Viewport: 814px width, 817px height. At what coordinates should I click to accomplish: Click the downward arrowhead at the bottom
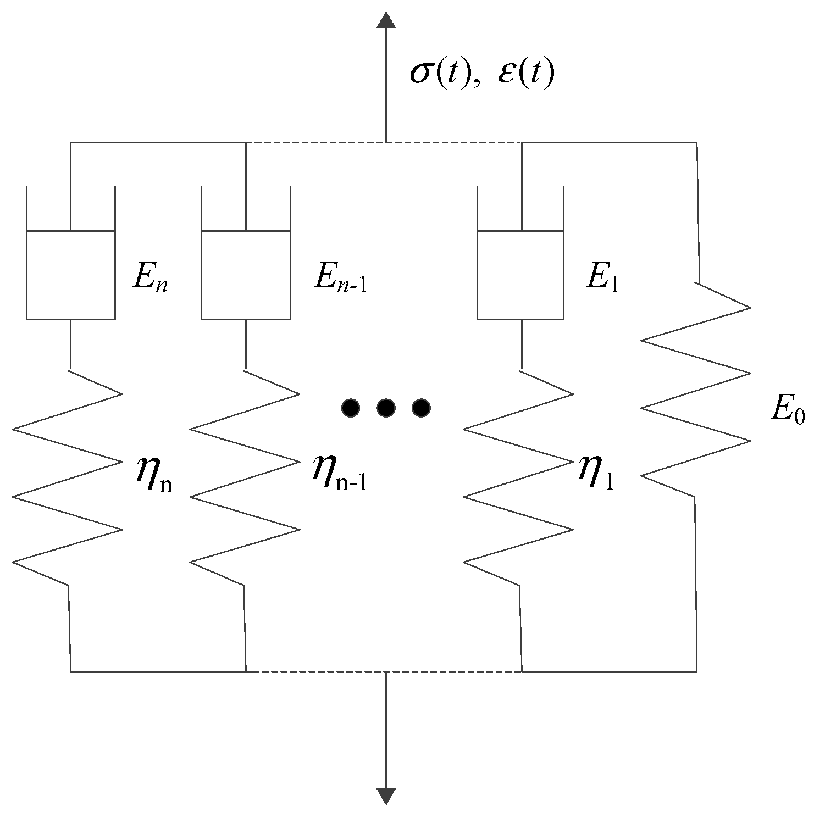[x=386, y=796]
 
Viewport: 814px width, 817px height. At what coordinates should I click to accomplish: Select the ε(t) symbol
[x=525, y=74]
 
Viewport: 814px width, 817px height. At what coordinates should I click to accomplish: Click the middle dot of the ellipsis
[x=386, y=407]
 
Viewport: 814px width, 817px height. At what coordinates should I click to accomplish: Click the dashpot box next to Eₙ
[x=70, y=275]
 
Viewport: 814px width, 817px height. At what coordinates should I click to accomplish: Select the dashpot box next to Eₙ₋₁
[x=246, y=275]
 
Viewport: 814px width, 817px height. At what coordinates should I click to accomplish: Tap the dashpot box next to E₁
[x=520, y=275]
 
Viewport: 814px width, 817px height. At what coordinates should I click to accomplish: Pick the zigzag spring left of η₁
[x=519, y=478]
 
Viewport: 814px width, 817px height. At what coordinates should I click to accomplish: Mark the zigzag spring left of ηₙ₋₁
[x=245, y=478]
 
